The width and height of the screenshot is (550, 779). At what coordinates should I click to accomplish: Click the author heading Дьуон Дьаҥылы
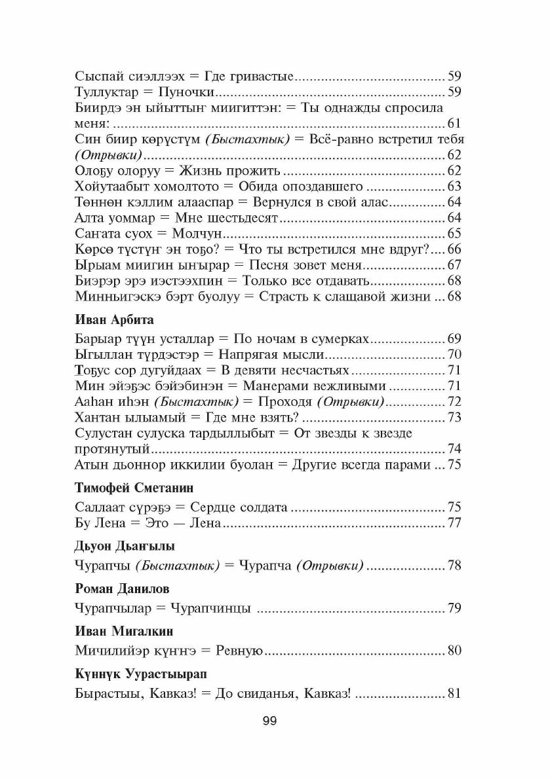pos(124,546)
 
